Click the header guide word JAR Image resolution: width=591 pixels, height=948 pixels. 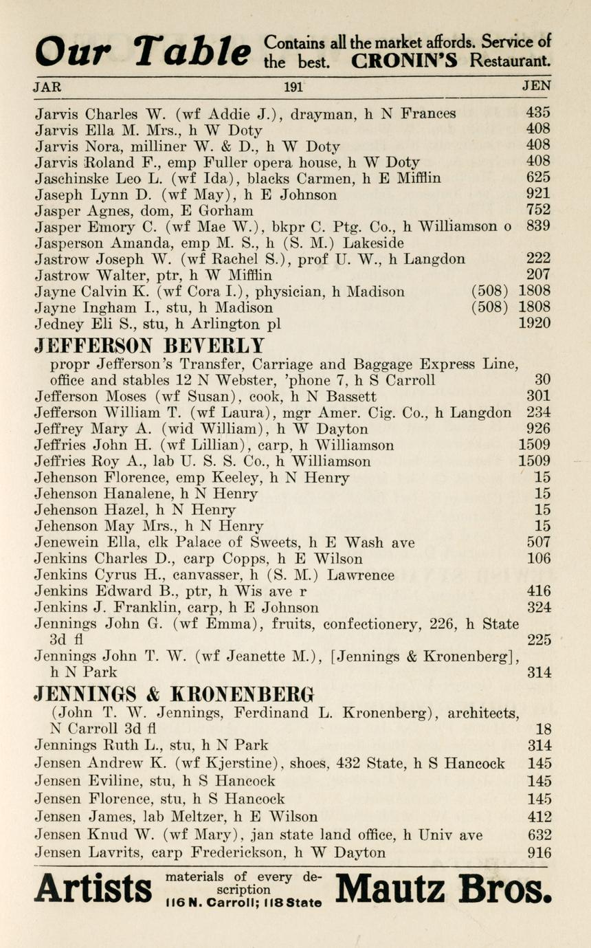pos(47,87)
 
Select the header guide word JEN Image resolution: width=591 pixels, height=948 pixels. pos(536,87)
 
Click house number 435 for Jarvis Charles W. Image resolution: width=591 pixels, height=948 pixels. pos(537,113)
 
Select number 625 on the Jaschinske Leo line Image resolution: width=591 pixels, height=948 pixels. pos(537,178)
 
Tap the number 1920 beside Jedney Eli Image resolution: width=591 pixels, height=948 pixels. pos(534,323)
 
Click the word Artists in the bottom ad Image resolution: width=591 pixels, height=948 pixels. pos(93,890)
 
